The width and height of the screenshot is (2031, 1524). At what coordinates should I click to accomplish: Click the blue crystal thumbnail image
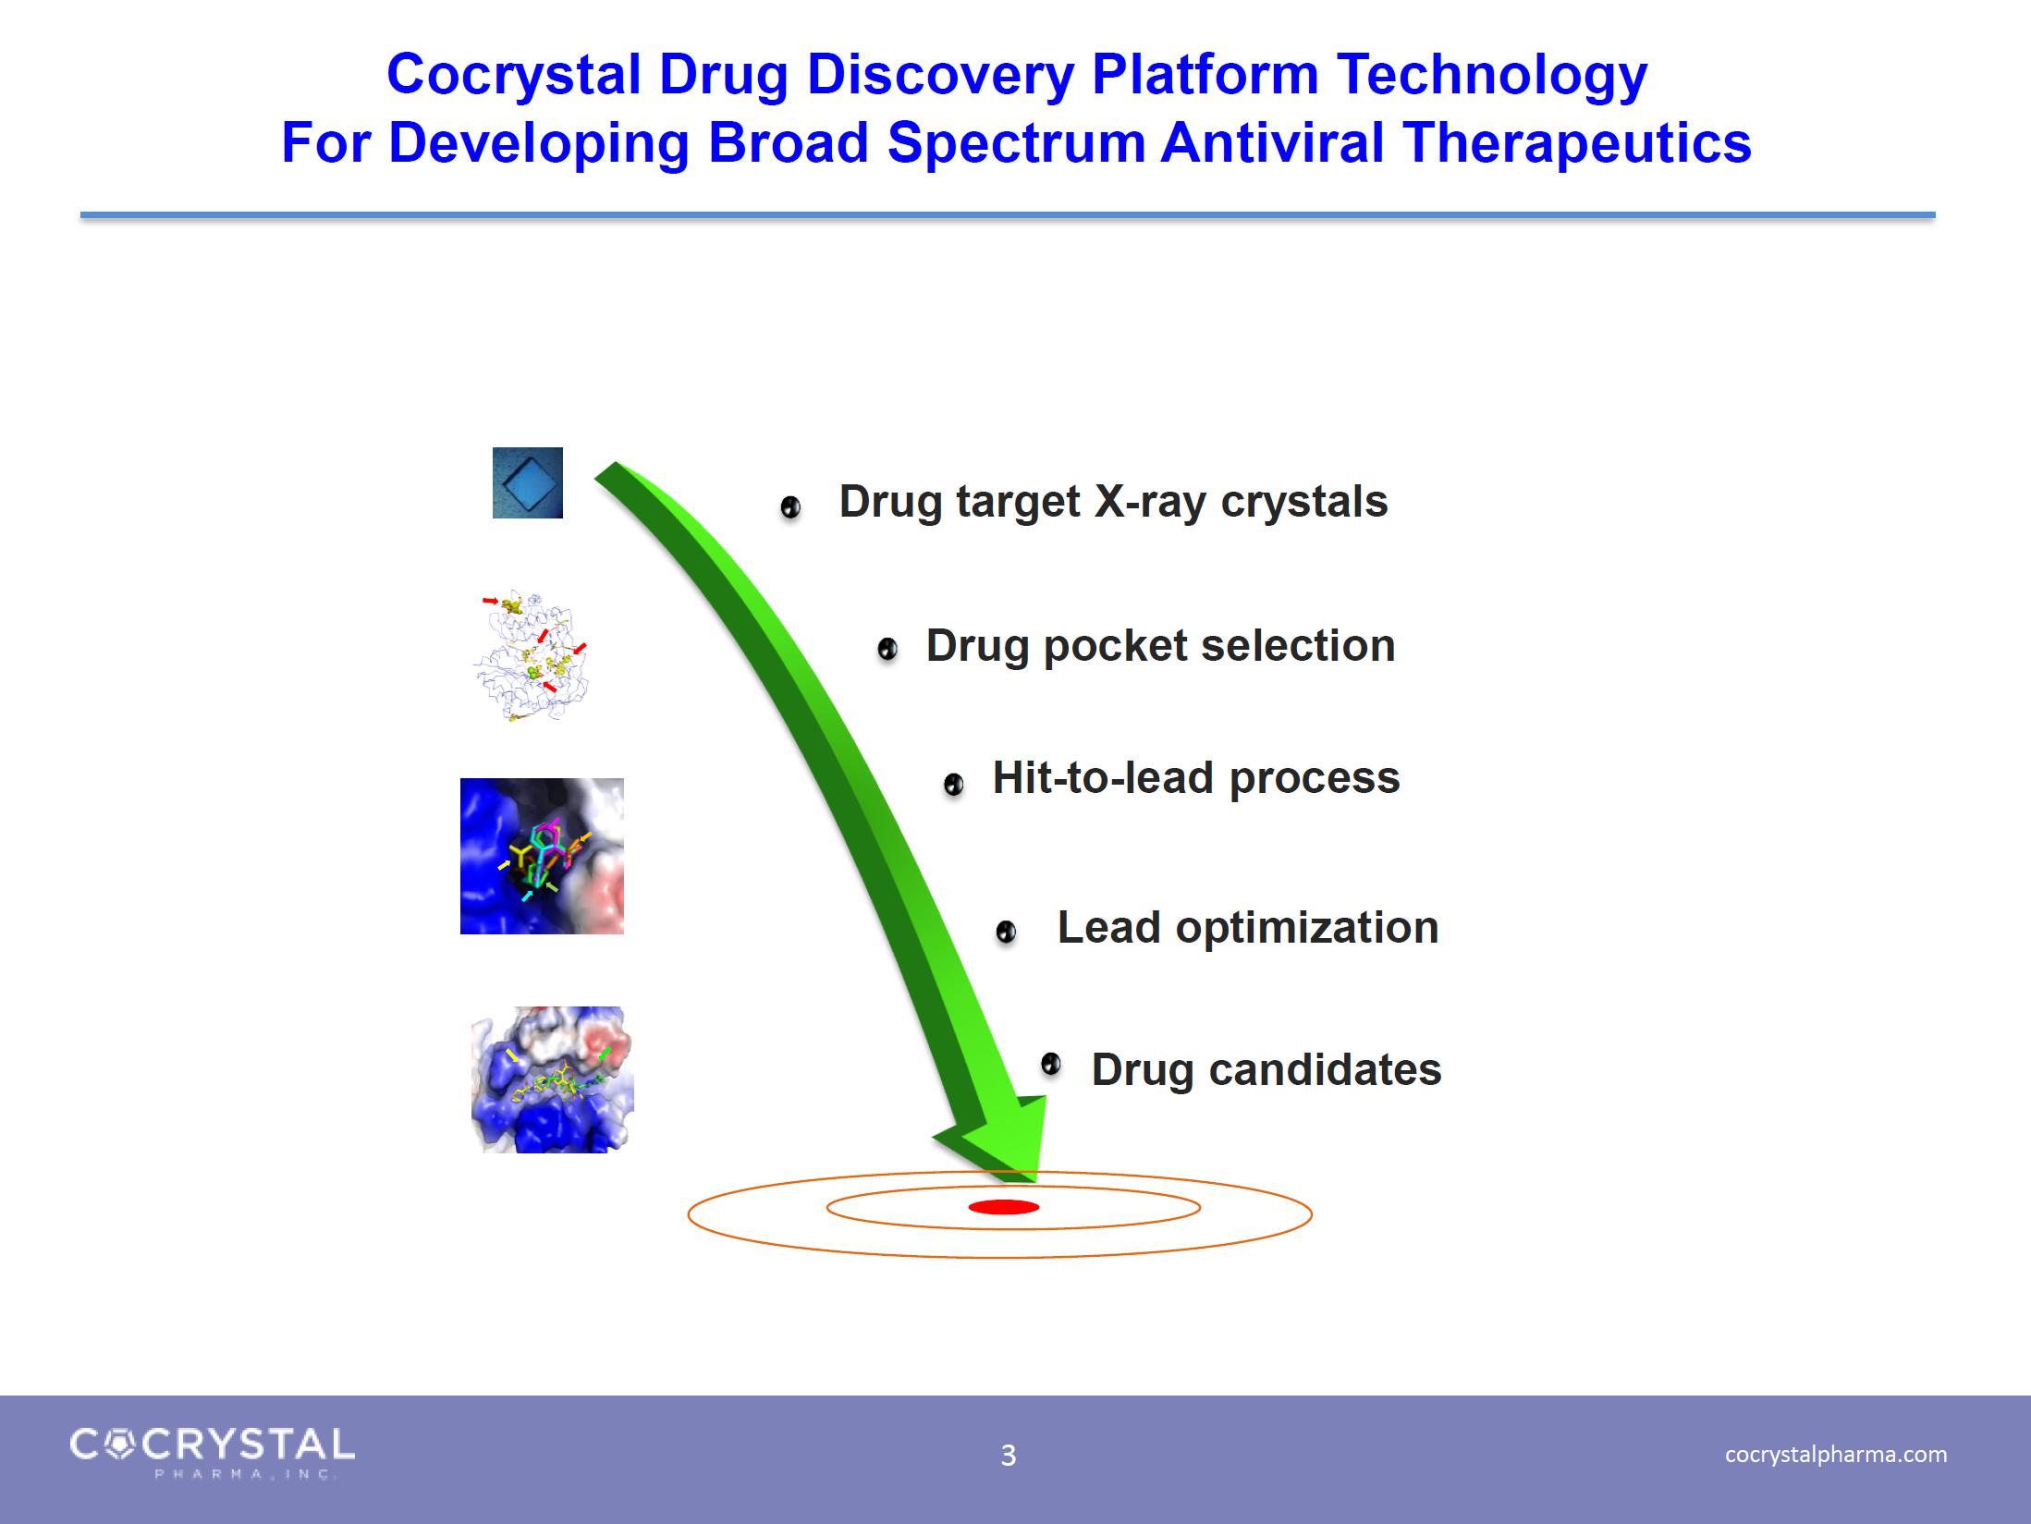[x=527, y=482]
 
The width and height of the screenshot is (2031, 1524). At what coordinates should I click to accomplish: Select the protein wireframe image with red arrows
[x=532, y=656]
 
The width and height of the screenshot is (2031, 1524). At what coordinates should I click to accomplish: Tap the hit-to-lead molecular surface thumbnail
[x=542, y=856]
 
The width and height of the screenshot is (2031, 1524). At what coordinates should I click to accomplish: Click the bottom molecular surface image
[x=552, y=1079]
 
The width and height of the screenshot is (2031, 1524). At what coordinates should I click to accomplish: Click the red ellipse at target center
[x=1004, y=1207]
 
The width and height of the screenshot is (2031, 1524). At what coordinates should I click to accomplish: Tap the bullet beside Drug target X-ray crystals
[x=790, y=507]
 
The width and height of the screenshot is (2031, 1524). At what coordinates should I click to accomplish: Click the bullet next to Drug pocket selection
[x=887, y=650]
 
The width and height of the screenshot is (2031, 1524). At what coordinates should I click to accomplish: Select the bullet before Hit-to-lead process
[x=953, y=785]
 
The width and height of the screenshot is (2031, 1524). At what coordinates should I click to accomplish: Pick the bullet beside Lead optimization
[x=1006, y=932]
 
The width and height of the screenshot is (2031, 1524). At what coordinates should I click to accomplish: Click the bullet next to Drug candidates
[x=1050, y=1065]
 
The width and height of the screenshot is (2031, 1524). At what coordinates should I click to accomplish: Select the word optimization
[x=1307, y=928]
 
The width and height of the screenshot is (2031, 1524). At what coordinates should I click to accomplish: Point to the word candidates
[x=1325, y=1070]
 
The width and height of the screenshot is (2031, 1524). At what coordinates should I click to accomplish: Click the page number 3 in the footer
[x=1009, y=1456]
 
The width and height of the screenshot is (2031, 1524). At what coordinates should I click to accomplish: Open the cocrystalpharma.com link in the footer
[x=1836, y=1455]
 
